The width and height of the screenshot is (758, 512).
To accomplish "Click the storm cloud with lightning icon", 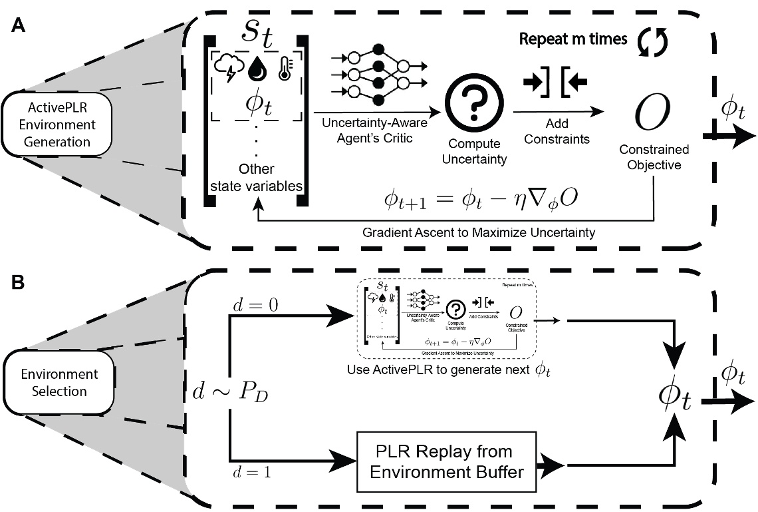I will pos(227,65).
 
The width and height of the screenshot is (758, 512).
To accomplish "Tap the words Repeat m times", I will pos(572,39).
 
